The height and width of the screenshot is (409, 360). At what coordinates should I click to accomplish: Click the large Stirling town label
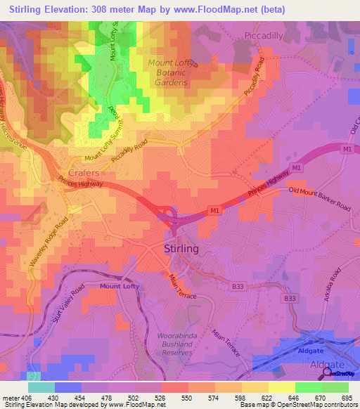[x=181, y=249]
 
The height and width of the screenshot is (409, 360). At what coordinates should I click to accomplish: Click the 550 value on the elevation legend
[x=188, y=398]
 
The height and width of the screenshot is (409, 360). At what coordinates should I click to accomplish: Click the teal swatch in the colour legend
[x=41, y=387]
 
